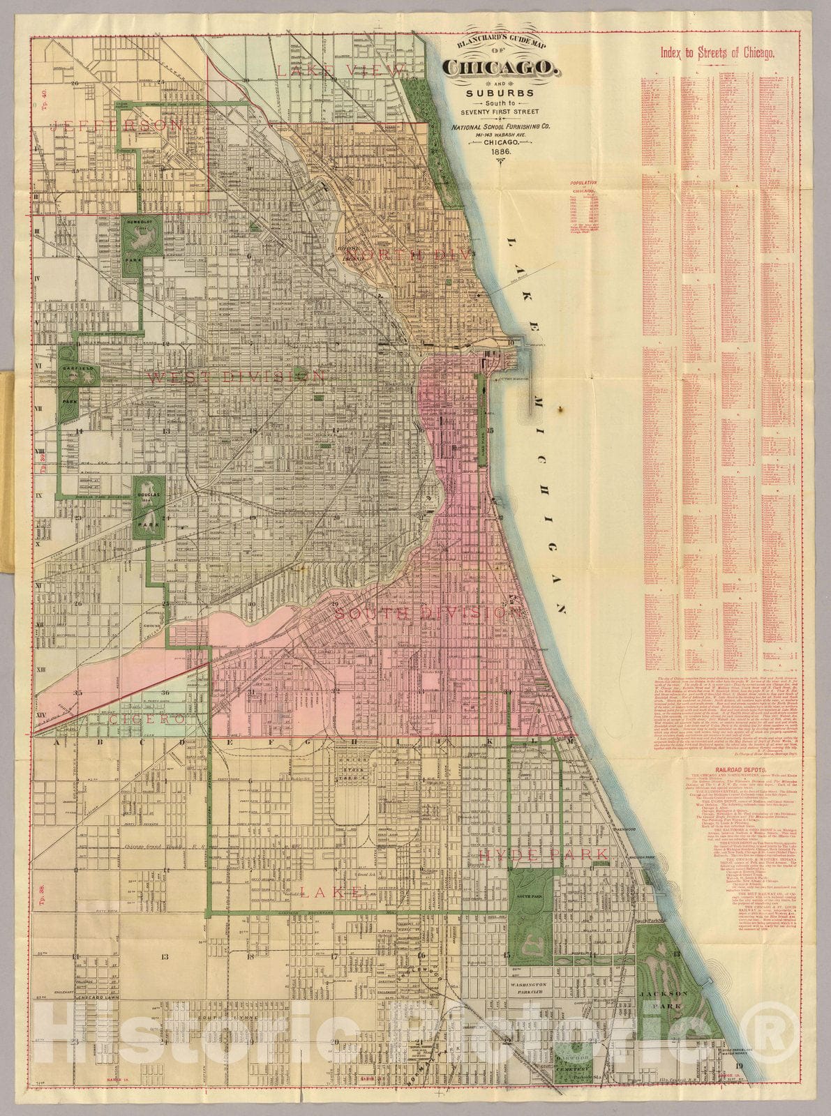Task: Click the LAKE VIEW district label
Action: [x=340, y=70]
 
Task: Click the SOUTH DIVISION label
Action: [x=428, y=612]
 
